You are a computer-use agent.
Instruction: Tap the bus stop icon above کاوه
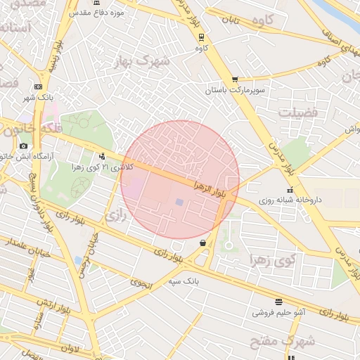pos(202,37)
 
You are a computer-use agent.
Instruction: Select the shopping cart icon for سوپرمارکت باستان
pos(234,79)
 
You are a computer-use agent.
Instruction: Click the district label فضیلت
pos(298,112)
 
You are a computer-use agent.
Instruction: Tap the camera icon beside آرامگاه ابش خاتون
pos(24,146)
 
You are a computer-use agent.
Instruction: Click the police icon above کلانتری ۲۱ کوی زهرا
pos(103,156)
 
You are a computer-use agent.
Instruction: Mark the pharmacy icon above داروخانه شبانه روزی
pos(290,190)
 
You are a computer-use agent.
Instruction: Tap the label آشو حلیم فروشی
pos(279,311)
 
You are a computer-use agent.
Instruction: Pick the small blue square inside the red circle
pos(179,202)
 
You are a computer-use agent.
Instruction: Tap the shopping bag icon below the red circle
pos(203,243)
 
